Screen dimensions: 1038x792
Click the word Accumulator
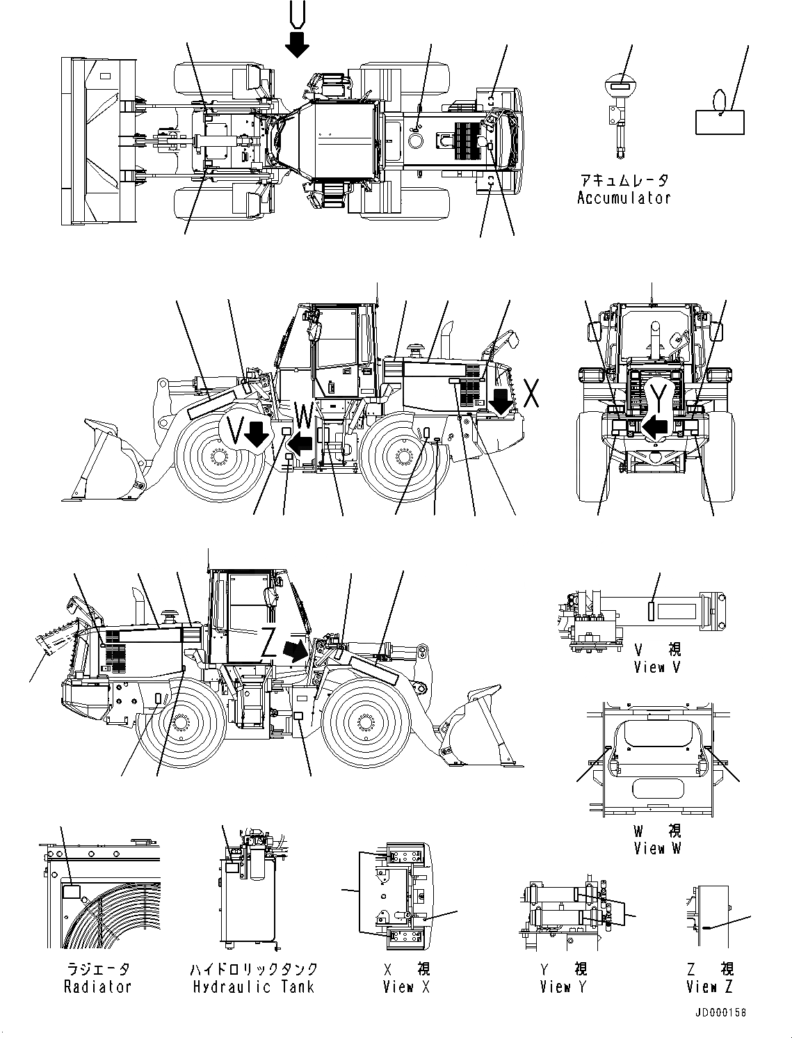pos(624,198)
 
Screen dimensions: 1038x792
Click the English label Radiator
pos(97,987)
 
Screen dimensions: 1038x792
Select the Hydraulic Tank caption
pos(253,987)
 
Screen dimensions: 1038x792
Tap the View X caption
pos(406,987)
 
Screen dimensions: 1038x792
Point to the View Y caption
pos(563,987)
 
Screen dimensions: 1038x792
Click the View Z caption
pos(709,987)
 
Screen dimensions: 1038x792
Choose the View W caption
pos(657,848)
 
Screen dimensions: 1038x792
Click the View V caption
pos(657,667)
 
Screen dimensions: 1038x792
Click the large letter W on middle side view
pos(305,417)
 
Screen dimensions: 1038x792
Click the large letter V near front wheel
pos(236,433)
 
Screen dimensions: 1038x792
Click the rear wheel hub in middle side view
pos(406,457)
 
